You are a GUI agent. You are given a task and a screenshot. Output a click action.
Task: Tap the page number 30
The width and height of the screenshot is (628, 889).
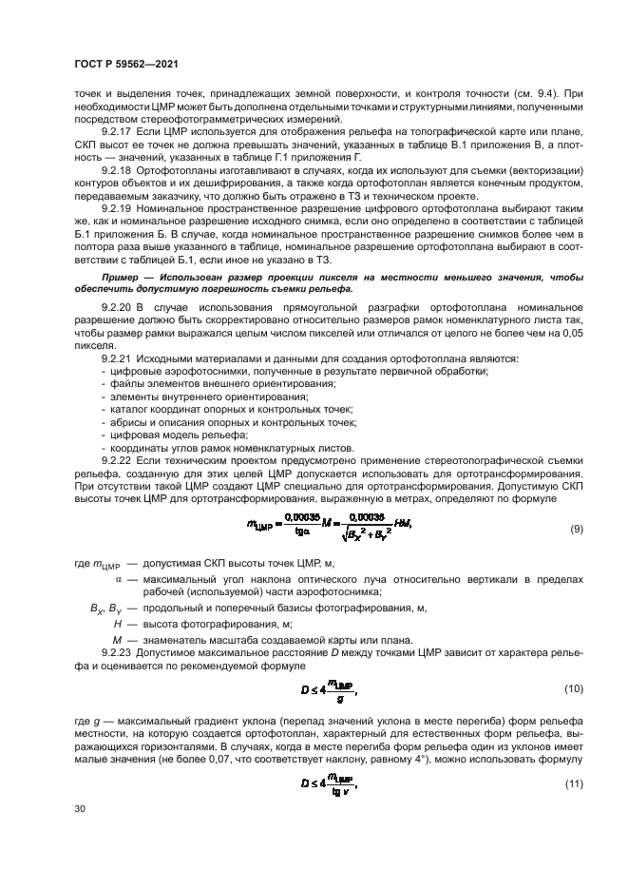click(80, 809)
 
